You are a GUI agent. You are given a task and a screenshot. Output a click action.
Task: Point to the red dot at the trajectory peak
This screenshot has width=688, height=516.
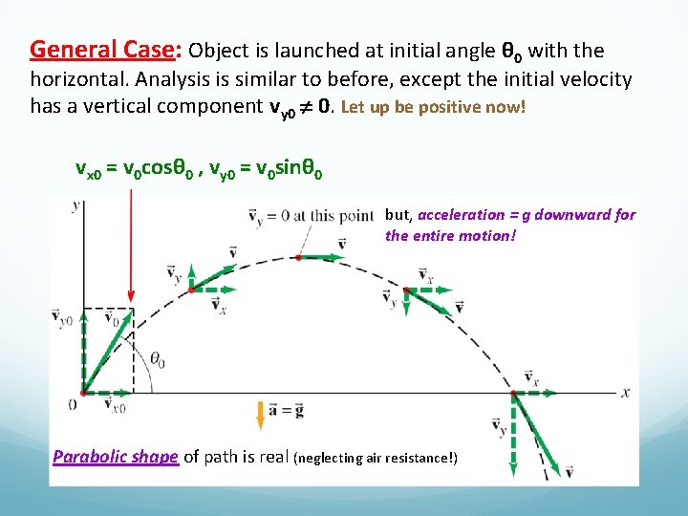pyautogui.click(x=299, y=257)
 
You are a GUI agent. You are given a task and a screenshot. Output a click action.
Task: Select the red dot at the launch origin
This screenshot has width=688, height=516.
pyautogui.click(x=83, y=392)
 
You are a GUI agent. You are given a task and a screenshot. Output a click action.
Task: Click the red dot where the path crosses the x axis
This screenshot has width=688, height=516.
pyautogui.click(x=514, y=393)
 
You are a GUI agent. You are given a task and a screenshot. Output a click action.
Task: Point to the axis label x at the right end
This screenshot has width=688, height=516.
pyautogui.click(x=626, y=392)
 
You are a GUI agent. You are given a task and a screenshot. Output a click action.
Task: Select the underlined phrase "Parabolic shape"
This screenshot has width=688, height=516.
pyautogui.click(x=115, y=457)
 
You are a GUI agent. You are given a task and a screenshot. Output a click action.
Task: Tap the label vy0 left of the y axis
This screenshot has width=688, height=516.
pyautogui.click(x=62, y=320)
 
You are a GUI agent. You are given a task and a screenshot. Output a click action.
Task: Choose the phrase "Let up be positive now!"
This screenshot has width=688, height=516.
pyautogui.click(x=433, y=107)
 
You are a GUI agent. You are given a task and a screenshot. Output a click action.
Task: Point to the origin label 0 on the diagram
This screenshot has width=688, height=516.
pyautogui.click(x=73, y=404)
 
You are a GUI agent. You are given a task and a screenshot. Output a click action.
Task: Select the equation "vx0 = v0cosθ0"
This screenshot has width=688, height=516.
pyautogui.click(x=138, y=170)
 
